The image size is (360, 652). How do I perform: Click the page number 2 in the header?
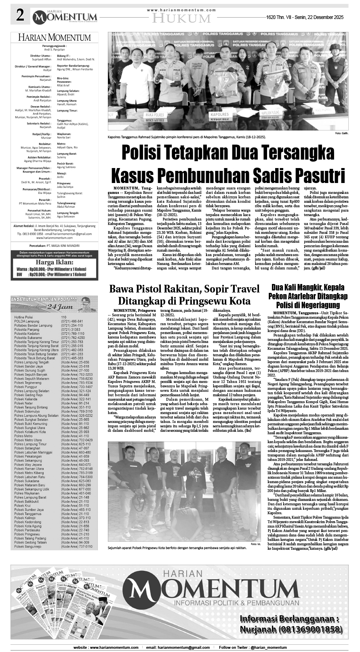pos(19,16)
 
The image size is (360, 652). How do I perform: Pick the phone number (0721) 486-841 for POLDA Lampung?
pos(72,321)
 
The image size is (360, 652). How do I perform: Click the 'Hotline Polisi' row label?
pos(25,317)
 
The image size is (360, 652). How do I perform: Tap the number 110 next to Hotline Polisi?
pos(64,317)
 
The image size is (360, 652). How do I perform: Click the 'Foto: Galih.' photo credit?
pos(341,133)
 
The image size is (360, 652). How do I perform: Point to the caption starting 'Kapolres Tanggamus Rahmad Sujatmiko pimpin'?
pos(187,137)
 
